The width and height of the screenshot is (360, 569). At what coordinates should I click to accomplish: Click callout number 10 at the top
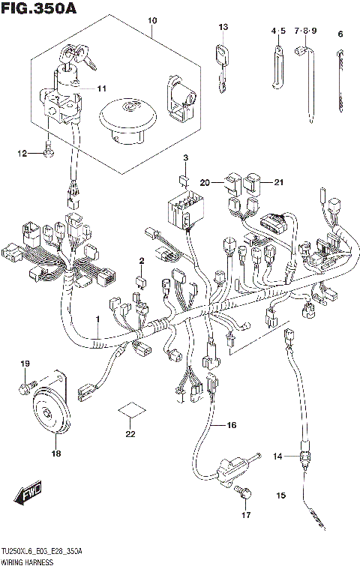[x=152, y=19]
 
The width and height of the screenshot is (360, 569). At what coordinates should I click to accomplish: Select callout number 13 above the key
[x=223, y=27]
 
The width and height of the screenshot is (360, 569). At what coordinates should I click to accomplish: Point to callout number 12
[x=22, y=153]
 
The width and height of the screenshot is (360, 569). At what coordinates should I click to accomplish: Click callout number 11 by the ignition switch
[x=101, y=88]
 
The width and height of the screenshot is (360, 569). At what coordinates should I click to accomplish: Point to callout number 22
[x=130, y=434]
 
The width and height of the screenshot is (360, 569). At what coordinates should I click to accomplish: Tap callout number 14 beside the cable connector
[x=276, y=456]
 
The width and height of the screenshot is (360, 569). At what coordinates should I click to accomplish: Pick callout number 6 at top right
[x=340, y=34]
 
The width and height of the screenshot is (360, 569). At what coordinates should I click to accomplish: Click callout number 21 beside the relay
[x=279, y=182]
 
